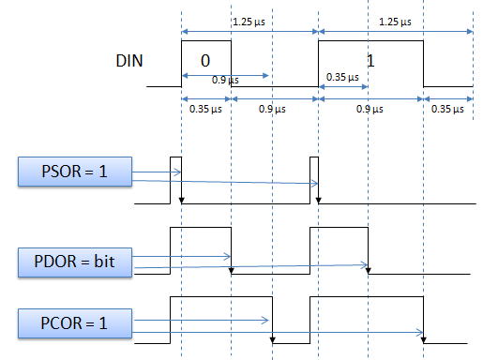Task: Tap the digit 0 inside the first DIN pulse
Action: click(204, 60)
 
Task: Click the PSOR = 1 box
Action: click(74, 172)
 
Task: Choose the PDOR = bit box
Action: click(74, 260)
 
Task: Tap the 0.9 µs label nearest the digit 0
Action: click(223, 81)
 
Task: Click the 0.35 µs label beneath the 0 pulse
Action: click(204, 110)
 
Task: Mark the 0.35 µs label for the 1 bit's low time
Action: click(446, 110)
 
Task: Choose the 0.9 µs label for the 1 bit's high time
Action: click(371, 110)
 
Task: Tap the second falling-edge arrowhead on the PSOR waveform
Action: click(320, 200)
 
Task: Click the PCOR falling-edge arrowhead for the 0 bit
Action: click(272, 341)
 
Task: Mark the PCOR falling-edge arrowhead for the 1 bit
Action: click(424, 341)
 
